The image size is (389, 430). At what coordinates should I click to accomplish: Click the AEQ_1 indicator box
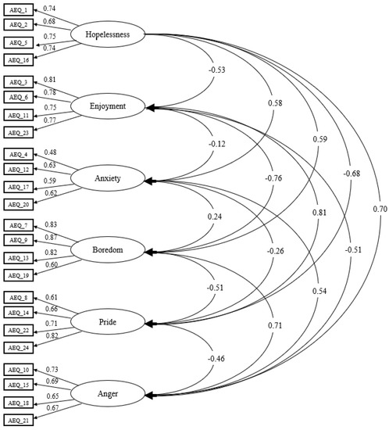click(19, 9)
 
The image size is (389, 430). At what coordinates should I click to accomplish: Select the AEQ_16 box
click(19, 59)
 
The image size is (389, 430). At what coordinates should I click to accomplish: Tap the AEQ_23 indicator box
click(19, 132)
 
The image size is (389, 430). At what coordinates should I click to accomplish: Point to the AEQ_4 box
click(19, 153)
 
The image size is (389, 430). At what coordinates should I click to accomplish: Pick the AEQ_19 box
click(19, 275)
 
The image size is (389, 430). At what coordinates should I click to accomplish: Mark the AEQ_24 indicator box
click(19, 347)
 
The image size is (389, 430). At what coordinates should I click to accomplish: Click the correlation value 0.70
click(380, 209)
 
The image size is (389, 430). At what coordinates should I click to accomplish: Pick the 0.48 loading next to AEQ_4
click(50, 152)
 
